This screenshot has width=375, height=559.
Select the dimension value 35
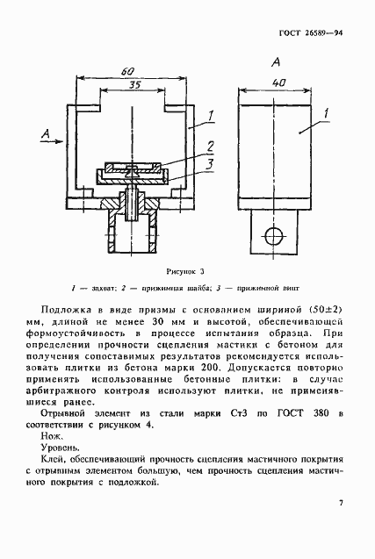(x=133, y=85)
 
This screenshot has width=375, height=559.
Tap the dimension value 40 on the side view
(x=280, y=83)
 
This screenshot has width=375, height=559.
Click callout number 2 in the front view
(x=211, y=146)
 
